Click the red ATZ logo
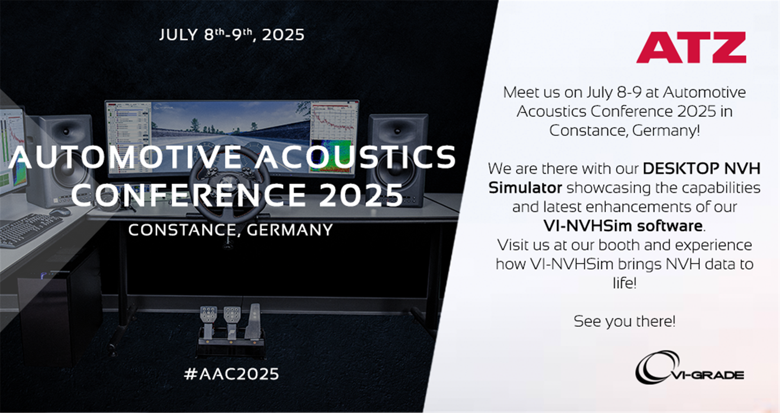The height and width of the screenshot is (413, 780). point(691,48)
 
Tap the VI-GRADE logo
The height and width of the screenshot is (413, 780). point(689,367)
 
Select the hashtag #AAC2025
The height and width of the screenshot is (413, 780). point(231,374)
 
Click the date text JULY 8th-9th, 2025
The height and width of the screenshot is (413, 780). point(232,35)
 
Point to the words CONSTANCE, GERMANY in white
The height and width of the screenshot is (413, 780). point(230,230)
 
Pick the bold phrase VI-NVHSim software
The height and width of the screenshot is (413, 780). point(623,226)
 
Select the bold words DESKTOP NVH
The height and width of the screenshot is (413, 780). point(702,168)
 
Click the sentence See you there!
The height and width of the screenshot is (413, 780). point(624,321)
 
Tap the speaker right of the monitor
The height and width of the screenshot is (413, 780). point(397,160)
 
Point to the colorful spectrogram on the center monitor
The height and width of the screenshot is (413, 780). point(331,156)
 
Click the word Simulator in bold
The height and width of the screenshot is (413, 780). point(525,188)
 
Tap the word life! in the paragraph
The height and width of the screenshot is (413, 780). point(624,283)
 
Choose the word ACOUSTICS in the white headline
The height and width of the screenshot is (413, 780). point(356,157)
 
